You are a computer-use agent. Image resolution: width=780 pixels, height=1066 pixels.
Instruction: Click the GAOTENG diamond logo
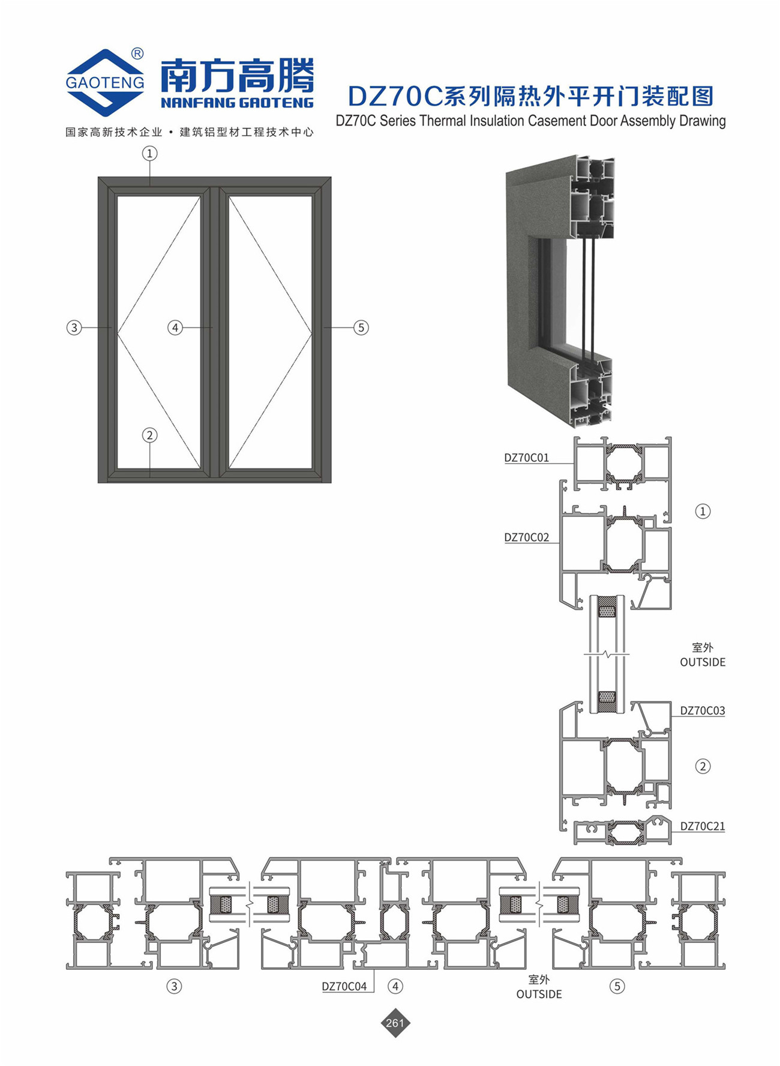(x=105, y=82)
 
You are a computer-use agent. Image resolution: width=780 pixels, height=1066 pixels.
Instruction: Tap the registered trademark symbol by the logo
(x=137, y=54)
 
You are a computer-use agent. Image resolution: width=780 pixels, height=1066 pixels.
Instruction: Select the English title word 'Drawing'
(x=703, y=121)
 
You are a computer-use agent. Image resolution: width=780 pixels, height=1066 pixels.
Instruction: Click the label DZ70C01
(x=526, y=458)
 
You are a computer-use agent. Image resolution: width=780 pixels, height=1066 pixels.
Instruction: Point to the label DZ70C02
(x=526, y=538)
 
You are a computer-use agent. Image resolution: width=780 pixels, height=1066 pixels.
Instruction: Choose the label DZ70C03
(x=702, y=710)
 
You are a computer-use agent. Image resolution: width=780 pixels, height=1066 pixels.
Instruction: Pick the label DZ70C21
(x=702, y=826)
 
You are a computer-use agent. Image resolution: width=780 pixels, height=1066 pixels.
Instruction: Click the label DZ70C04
(x=344, y=986)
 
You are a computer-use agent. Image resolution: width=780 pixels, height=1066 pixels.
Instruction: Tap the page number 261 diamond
(x=395, y=1023)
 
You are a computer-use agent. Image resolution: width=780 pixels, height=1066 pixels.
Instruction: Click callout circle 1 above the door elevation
(x=149, y=154)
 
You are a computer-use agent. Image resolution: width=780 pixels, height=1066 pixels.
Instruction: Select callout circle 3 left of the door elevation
(x=74, y=327)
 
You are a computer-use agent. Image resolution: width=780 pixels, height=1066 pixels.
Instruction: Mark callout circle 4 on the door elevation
(x=175, y=327)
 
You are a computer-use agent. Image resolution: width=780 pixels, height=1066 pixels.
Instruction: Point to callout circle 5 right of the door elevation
(x=361, y=327)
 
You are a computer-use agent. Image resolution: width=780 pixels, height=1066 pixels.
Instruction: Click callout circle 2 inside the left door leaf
(x=149, y=435)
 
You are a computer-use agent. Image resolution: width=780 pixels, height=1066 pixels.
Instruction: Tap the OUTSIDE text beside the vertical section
(x=702, y=662)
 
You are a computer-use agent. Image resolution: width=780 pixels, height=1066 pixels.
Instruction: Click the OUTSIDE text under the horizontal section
(x=539, y=994)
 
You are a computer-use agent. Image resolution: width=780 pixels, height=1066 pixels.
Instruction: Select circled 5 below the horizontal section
(x=617, y=986)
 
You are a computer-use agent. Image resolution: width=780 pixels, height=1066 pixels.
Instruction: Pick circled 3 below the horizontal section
(x=174, y=986)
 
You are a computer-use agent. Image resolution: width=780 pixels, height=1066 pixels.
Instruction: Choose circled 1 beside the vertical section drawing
(x=703, y=511)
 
